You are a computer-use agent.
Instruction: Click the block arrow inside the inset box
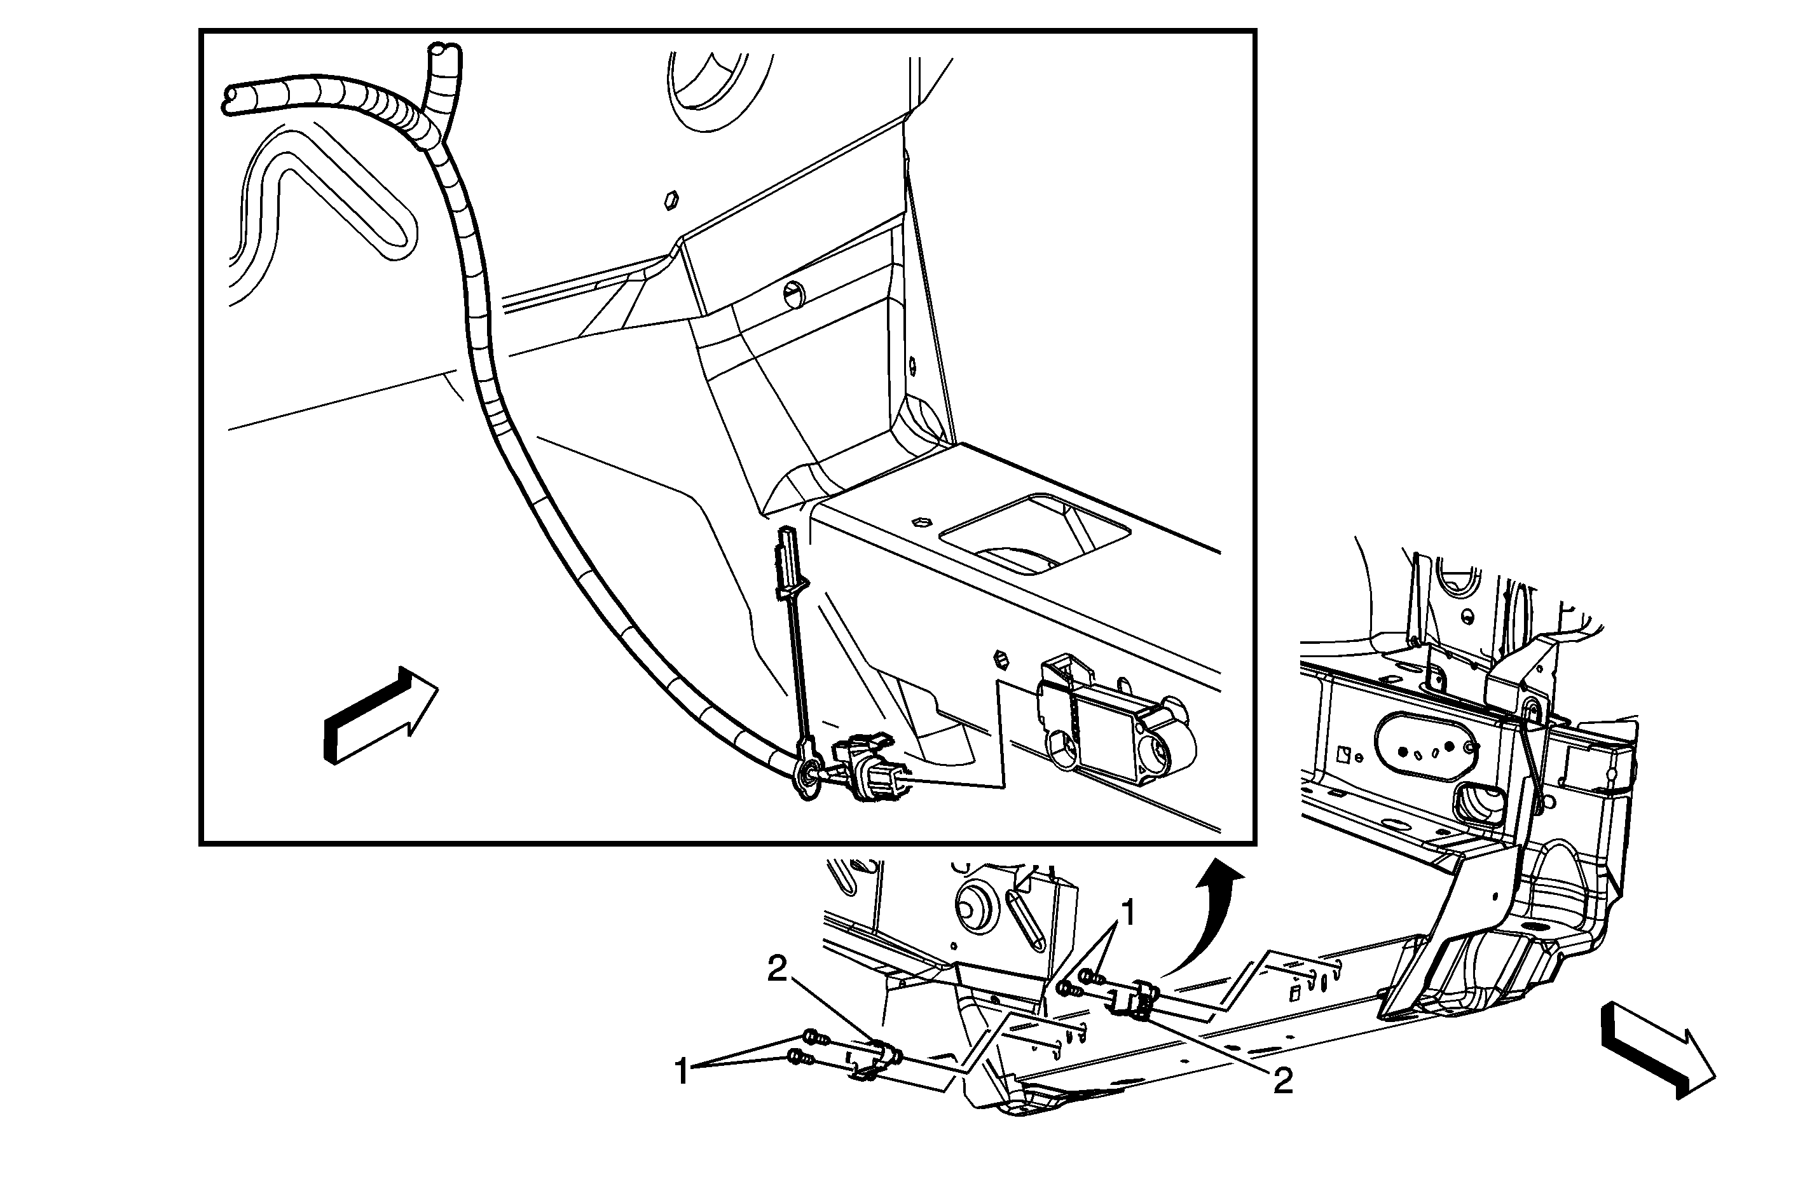point(381,715)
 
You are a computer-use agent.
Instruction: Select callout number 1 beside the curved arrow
point(1129,913)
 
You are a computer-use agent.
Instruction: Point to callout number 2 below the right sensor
point(1283,1081)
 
